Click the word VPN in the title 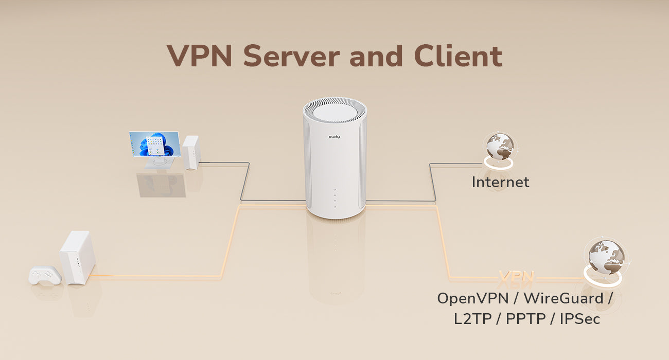pos(200,56)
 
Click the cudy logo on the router pos(334,137)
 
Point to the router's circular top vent pos(335,112)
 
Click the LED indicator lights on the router pos(334,198)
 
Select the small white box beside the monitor pos(190,153)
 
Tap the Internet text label pos(500,182)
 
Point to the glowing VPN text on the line pos(516,276)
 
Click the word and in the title pos(376,56)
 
